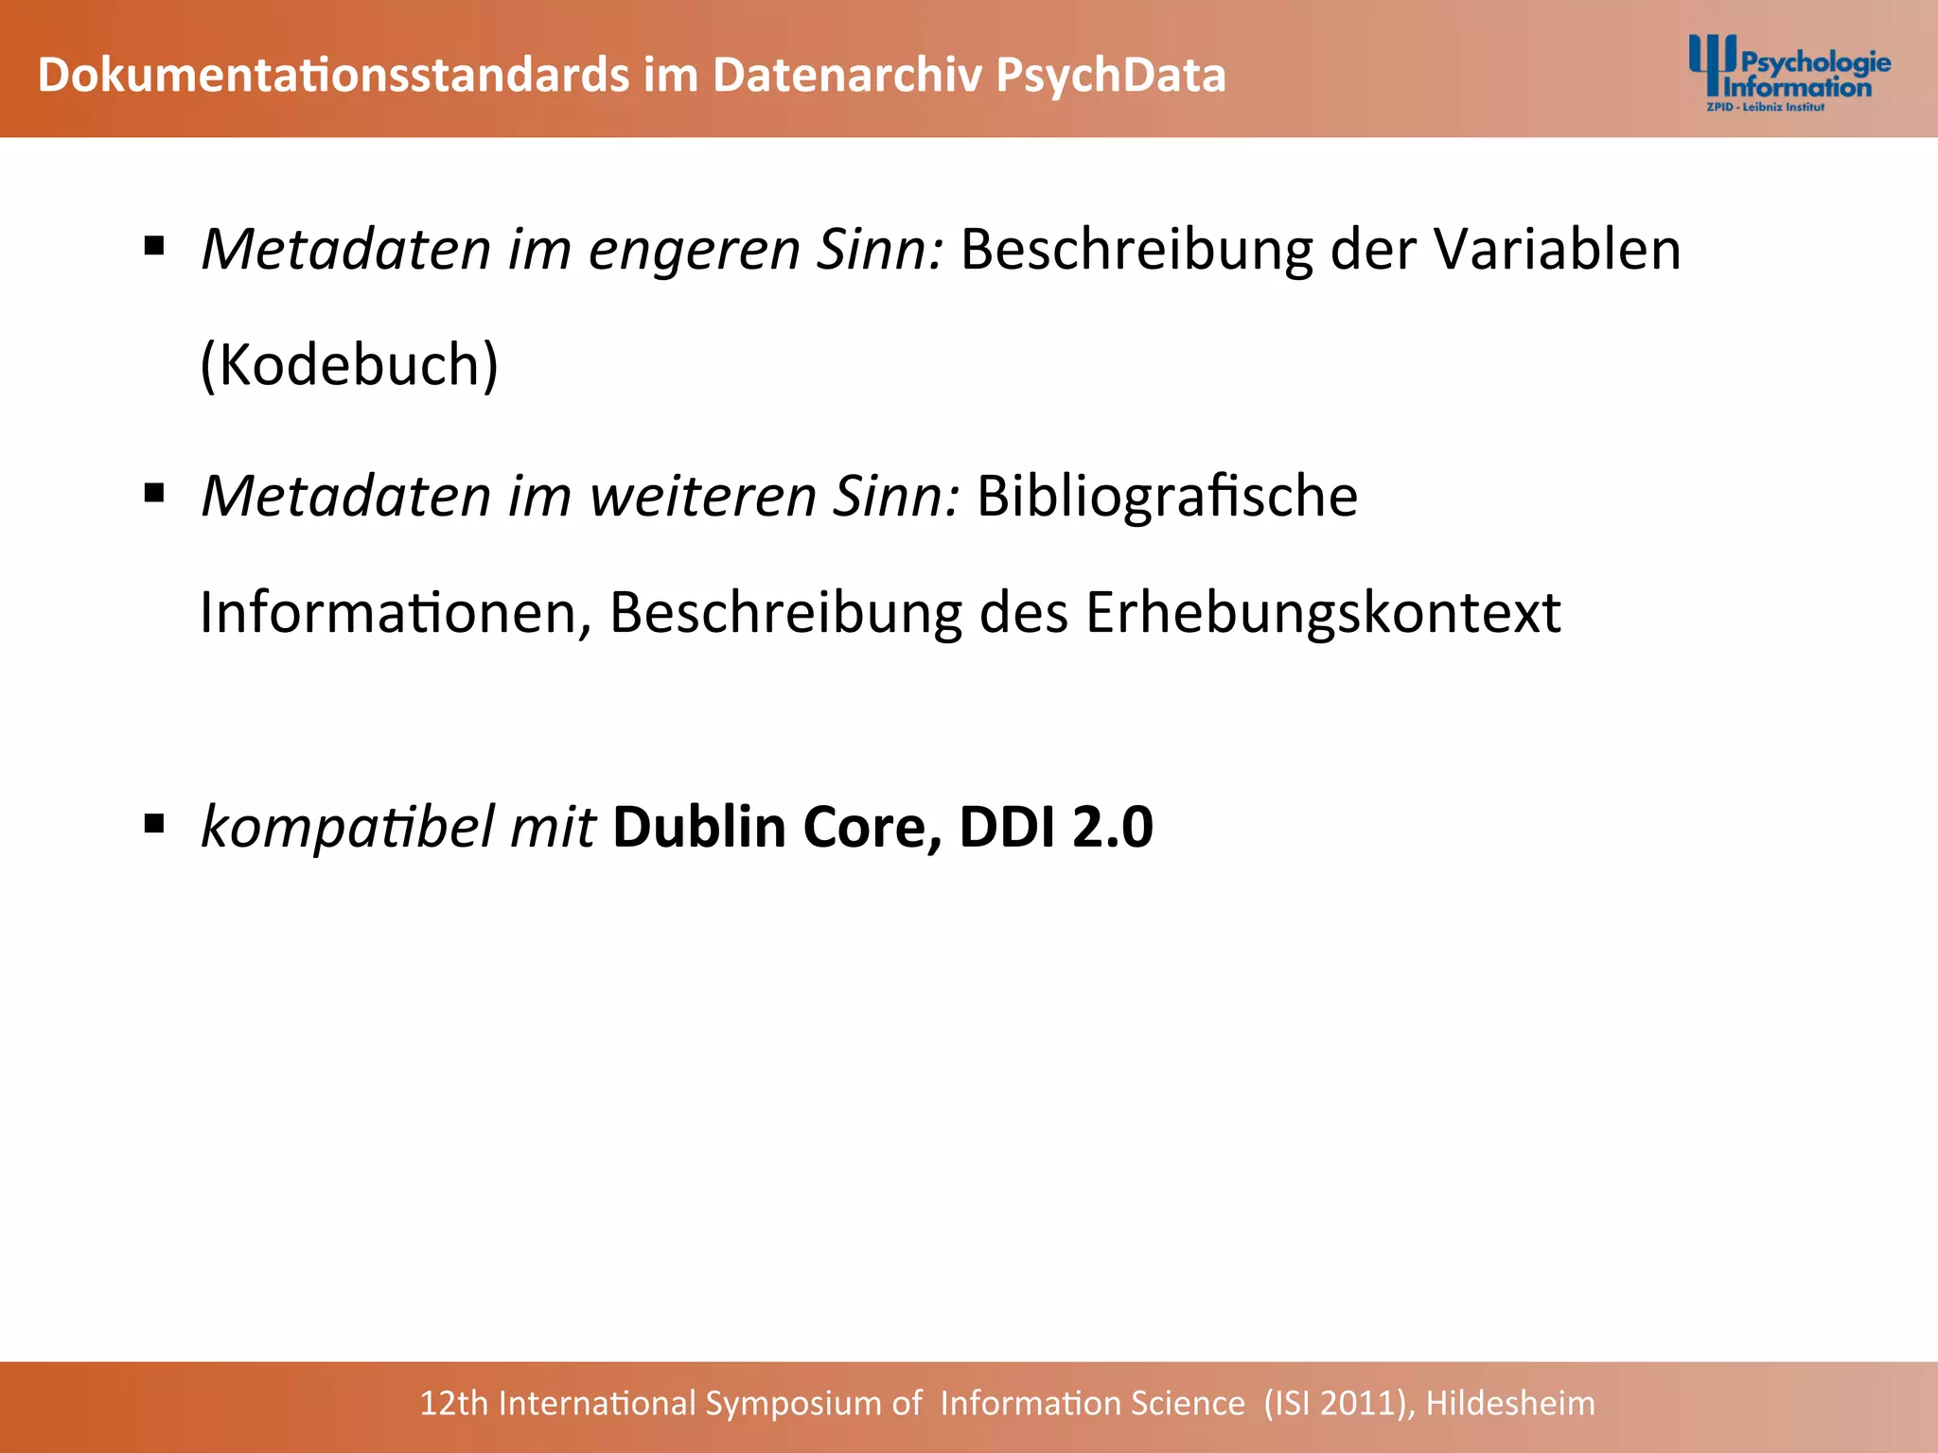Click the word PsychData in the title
(x=1111, y=76)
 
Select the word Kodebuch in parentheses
(x=349, y=365)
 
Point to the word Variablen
(x=1557, y=250)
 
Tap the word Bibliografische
(x=1167, y=497)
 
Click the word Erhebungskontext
(x=1322, y=613)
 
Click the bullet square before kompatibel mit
(x=154, y=824)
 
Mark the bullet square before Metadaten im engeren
(x=154, y=247)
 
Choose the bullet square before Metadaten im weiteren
(x=154, y=493)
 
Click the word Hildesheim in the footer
(x=1510, y=1404)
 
